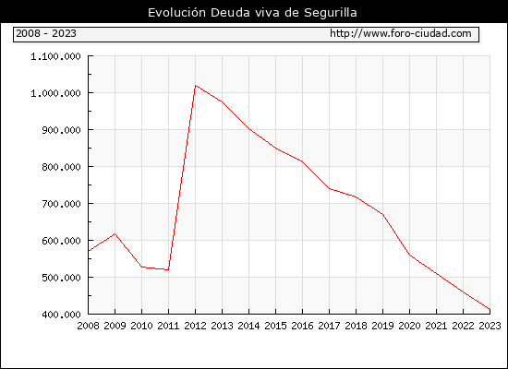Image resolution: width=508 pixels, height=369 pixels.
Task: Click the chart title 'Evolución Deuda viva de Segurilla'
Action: coord(252,13)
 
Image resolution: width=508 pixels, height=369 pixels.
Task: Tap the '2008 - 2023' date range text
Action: coord(46,33)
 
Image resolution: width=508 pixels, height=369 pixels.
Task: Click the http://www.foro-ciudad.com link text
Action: coord(401,33)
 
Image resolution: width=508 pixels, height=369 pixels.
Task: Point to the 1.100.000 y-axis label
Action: coord(55,56)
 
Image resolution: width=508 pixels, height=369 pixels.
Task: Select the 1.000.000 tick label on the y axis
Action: coord(55,93)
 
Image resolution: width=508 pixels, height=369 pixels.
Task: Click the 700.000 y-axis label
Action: coord(61,204)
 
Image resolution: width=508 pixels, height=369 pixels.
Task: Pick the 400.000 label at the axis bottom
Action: coord(61,315)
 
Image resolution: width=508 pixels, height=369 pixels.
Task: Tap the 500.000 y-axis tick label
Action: coord(61,278)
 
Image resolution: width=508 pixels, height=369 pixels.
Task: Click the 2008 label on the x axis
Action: coord(88,326)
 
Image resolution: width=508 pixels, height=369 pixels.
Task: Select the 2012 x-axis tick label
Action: coord(196,326)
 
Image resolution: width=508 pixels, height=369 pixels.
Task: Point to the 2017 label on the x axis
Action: coord(329,326)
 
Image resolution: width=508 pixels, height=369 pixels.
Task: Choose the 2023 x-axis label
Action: coord(490,326)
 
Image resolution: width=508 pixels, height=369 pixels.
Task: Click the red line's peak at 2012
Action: coord(196,86)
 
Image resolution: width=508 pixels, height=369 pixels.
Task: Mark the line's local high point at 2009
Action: coord(115,233)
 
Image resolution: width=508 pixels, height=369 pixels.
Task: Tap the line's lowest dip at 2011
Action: coord(168,269)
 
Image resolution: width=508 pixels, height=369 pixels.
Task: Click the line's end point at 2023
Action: coord(490,309)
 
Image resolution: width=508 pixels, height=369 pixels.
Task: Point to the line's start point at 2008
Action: coord(89,251)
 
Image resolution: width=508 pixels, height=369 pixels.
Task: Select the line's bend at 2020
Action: coord(409,255)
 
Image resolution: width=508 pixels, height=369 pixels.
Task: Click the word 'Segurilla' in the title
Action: coord(331,13)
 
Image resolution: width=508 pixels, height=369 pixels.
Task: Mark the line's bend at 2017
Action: coord(329,188)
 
